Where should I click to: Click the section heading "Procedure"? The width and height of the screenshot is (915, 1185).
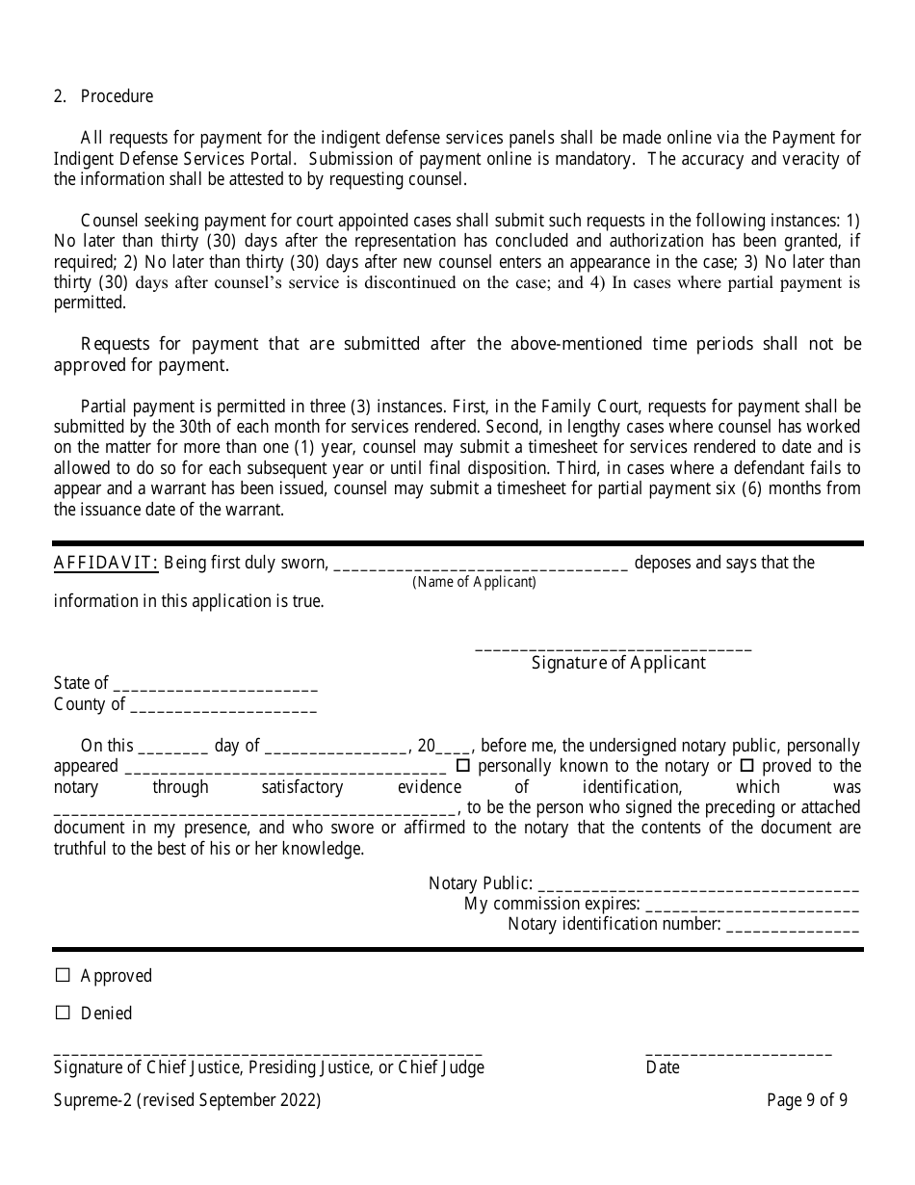coord(117,96)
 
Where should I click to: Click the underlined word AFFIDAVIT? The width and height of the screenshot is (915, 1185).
coord(106,563)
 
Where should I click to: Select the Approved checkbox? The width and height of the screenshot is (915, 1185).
coord(64,976)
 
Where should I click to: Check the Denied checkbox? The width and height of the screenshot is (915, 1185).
coord(64,1014)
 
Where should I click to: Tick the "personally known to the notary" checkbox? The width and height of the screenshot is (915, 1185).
coord(462,766)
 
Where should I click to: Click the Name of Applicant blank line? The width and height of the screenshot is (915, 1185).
coord(480,566)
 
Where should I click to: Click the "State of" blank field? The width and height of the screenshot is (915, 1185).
coord(215,687)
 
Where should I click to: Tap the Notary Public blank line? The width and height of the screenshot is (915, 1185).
coord(698,887)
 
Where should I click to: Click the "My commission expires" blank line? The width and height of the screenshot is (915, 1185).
coord(751,908)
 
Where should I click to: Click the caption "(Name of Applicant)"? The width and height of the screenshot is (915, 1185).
coord(474,582)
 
